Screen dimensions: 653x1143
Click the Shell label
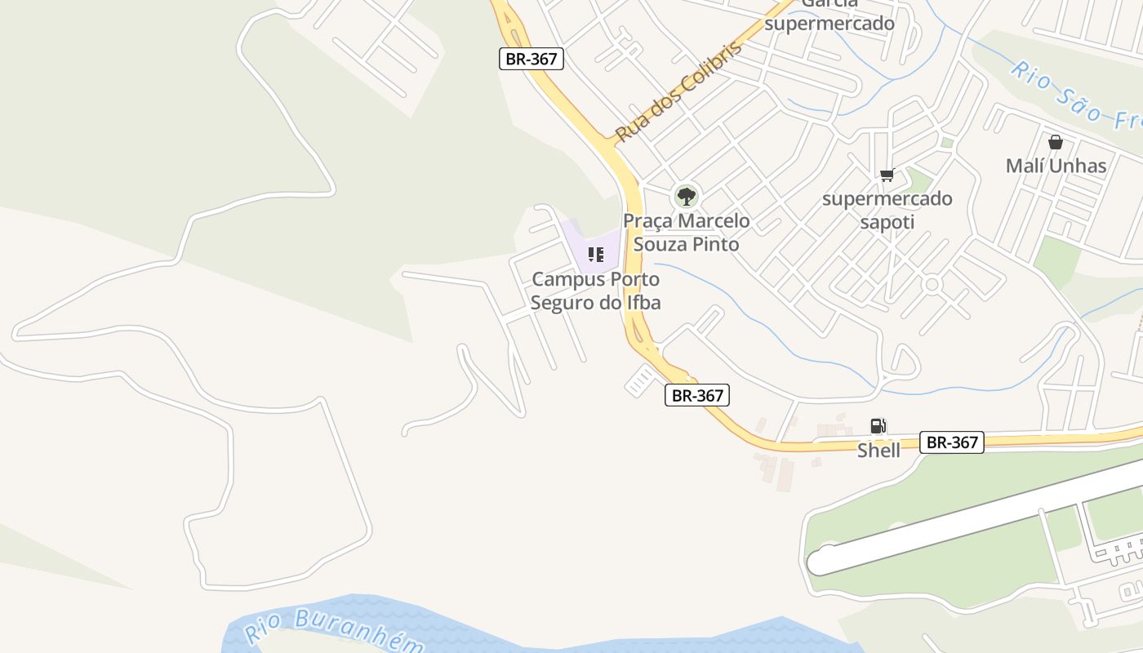point(878,451)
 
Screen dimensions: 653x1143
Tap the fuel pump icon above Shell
point(878,426)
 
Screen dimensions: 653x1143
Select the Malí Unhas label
point(1056,166)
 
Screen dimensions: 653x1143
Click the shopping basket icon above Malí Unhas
point(1056,142)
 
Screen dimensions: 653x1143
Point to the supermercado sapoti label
point(887,210)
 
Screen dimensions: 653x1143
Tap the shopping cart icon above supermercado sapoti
point(887,175)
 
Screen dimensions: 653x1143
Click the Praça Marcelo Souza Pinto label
point(687,233)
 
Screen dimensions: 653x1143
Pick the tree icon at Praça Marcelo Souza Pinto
point(687,196)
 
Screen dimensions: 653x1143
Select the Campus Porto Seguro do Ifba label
point(595,291)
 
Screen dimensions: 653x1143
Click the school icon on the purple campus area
point(595,255)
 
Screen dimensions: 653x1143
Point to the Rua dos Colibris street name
point(679,91)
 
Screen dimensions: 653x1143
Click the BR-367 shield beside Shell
point(951,442)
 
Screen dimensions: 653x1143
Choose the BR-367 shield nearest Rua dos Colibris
point(531,59)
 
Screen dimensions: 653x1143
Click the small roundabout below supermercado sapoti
point(932,284)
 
